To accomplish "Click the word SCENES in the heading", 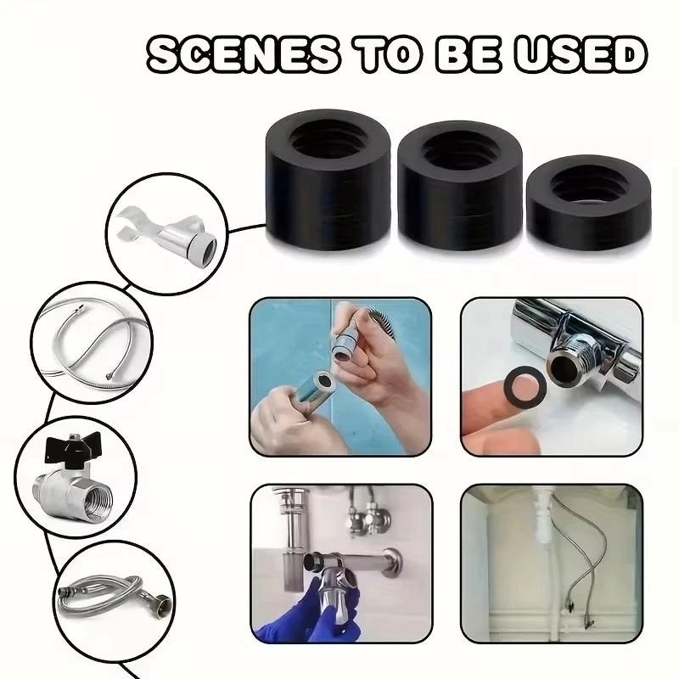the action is pos(243,55).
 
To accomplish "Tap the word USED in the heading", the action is pos(581,55).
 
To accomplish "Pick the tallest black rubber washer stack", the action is pos(328,180).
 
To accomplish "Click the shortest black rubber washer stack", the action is pos(589,204).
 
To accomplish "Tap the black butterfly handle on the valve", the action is pos(73,448).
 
